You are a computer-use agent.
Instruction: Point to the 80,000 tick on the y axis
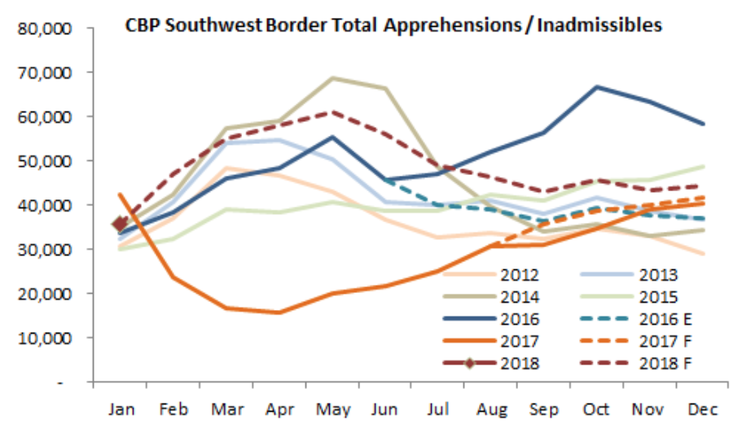coord(51,28)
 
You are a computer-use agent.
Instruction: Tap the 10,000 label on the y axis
coord(51,338)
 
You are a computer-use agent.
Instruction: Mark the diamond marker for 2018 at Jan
coord(120,224)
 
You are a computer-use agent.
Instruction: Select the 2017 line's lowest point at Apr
coord(279,312)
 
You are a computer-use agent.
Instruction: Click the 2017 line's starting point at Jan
coord(120,194)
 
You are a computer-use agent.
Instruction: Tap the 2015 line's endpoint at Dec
coord(703,167)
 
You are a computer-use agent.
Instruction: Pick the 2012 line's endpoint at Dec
coord(703,254)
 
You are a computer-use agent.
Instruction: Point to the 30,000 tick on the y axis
coord(51,249)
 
